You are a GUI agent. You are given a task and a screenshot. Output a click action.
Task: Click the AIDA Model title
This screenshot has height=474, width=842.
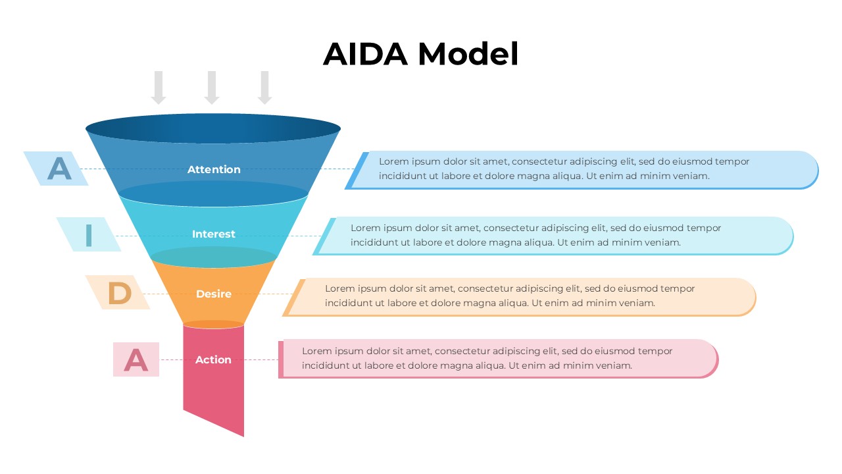pos(420,54)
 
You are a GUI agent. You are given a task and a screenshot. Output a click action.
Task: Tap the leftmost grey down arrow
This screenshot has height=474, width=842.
pos(158,88)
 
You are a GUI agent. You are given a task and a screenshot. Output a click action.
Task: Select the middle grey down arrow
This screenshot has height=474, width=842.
pos(211,88)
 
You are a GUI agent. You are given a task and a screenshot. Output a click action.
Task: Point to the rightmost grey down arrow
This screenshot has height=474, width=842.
pos(264,88)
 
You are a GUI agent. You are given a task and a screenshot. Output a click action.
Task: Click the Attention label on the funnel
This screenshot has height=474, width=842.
pos(214,170)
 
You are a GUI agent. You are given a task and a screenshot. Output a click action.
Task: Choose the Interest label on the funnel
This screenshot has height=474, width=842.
pos(213,234)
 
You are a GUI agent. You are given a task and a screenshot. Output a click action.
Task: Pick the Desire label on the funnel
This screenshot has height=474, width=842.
pos(213,294)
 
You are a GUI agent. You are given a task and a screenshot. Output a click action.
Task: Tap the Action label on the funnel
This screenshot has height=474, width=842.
pos(213,360)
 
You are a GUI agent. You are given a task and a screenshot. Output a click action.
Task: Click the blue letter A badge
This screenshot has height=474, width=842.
pos(58,169)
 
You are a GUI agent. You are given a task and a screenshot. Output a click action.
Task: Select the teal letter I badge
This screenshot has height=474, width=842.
pos(89,235)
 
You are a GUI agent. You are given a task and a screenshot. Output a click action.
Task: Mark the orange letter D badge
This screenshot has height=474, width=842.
pos(118,293)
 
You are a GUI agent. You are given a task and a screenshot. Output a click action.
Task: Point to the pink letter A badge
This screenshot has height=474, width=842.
pos(136,359)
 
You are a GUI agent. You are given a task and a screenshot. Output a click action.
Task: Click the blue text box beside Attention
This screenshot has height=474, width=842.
pos(582,170)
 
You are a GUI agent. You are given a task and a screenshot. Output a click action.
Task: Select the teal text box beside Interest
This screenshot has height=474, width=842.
pos(559,236)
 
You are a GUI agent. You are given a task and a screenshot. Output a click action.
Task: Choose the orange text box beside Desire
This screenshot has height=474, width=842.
pos(520,297)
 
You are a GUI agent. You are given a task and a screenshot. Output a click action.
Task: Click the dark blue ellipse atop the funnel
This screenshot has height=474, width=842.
pos(213,128)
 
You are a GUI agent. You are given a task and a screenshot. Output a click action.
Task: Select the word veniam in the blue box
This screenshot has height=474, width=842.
pos(692,176)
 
